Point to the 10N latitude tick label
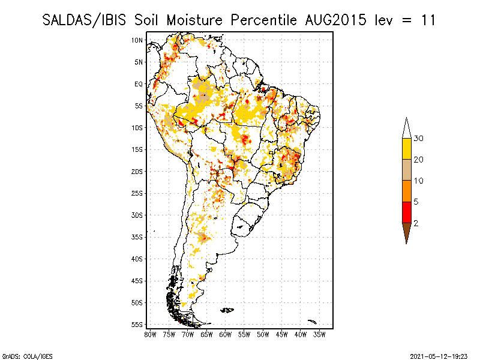(137, 40)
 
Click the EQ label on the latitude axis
(138, 84)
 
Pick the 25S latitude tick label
(137, 193)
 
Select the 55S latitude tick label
(137, 325)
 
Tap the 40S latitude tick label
(137, 259)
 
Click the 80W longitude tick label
(150, 334)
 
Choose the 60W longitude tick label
(226, 334)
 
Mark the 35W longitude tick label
(320, 334)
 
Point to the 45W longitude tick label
(282, 334)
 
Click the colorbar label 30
(419, 139)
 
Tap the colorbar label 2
(416, 223)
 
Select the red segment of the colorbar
(406, 212)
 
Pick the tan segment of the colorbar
(406, 170)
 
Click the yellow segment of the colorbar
(406, 149)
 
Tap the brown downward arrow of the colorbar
(406, 232)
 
